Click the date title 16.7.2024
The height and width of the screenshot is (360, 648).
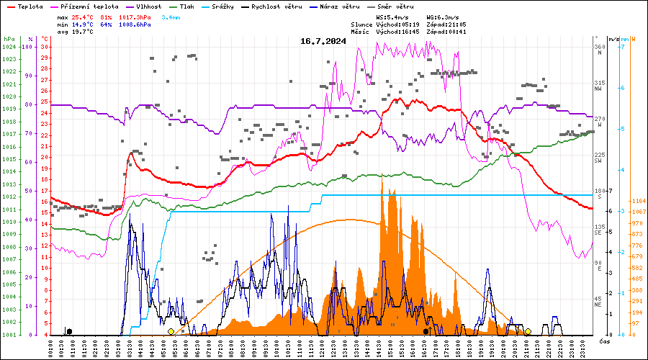323,41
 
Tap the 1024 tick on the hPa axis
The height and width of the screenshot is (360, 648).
9,47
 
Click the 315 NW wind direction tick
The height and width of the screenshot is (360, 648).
599,86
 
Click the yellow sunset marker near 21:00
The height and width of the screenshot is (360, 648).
528,331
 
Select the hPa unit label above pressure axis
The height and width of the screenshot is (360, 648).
9,39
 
